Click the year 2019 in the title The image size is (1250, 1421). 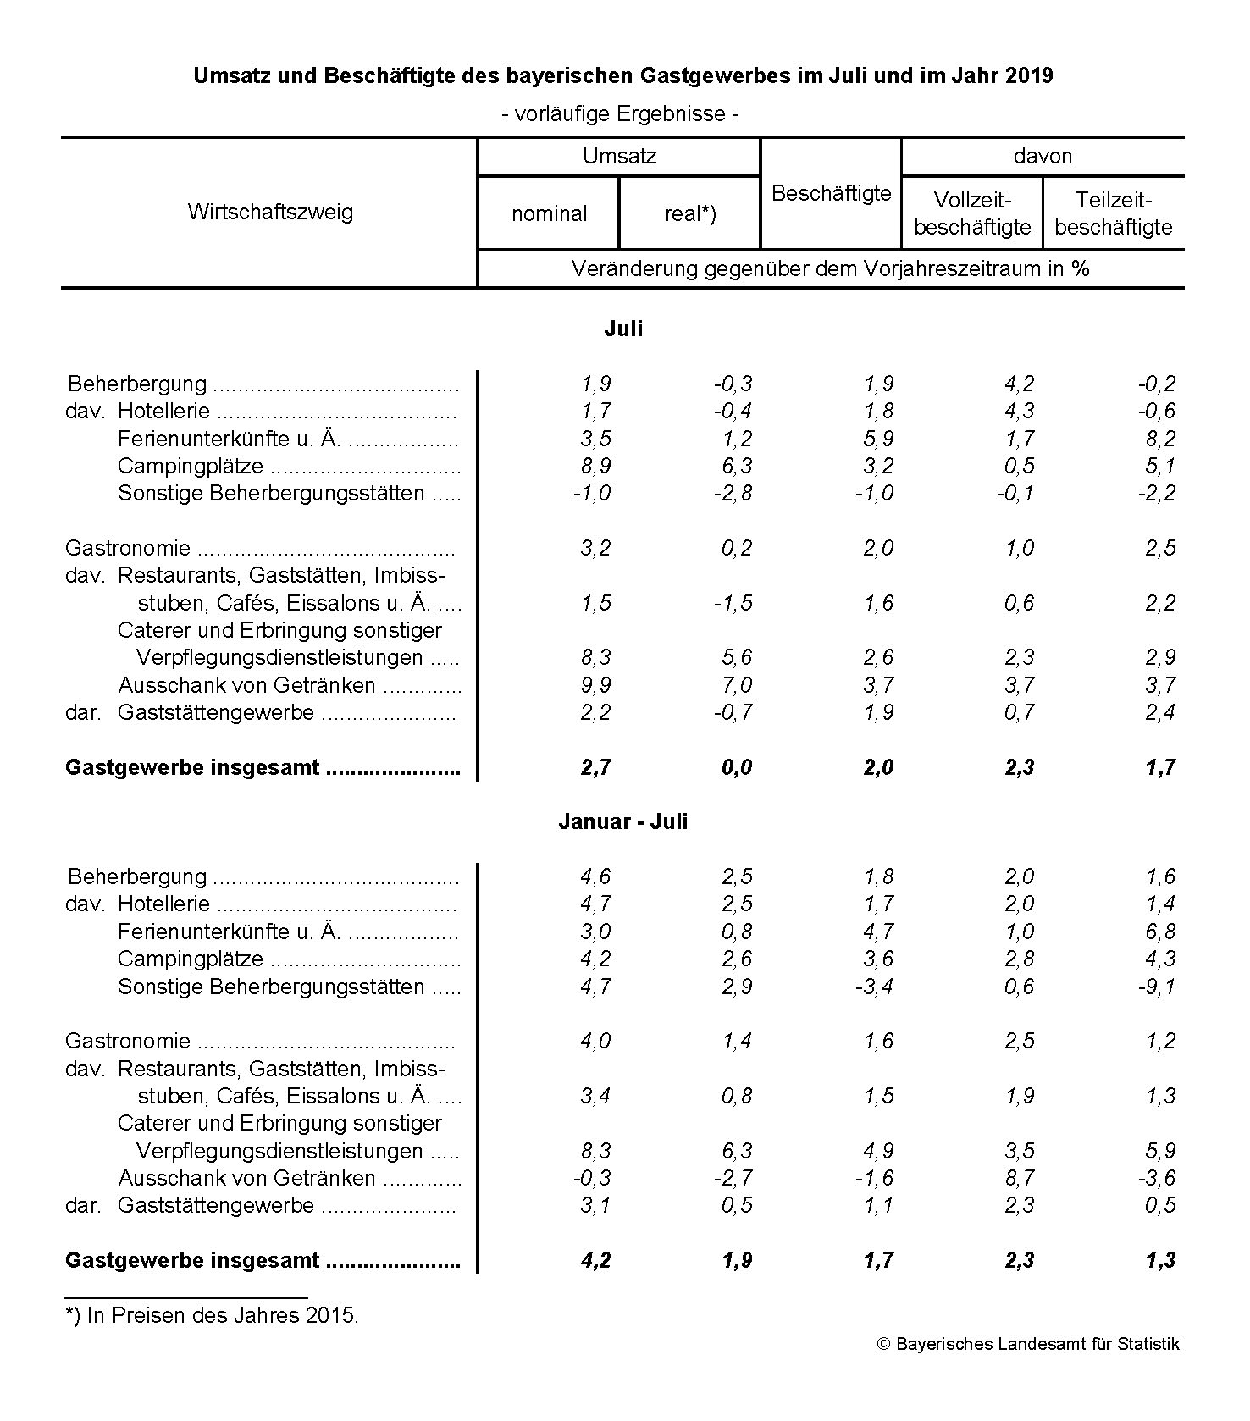pos(1029,75)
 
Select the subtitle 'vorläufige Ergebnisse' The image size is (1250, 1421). pos(620,113)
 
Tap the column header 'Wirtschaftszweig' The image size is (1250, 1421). pos(270,211)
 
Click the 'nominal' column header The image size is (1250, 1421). pos(549,213)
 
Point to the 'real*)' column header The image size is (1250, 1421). pos(690,213)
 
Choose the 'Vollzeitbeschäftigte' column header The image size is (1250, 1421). pos(972,213)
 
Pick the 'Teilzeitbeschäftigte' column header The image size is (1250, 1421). pos(1114,213)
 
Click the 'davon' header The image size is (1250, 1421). pos(1043,156)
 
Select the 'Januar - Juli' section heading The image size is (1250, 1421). pos(622,821)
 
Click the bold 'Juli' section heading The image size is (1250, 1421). pos(622,329)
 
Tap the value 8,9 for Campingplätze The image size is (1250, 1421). pos(595,466)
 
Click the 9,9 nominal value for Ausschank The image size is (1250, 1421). pos(595,684)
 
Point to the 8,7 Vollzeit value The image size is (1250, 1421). pos(1019,1178)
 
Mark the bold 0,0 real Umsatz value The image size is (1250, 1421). pos(737,767)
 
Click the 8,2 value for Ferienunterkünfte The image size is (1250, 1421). pos(1160,439)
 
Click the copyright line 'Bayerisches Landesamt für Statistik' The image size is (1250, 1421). pos(1028,1344)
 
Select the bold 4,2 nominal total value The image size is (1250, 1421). pos(595,1260)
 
